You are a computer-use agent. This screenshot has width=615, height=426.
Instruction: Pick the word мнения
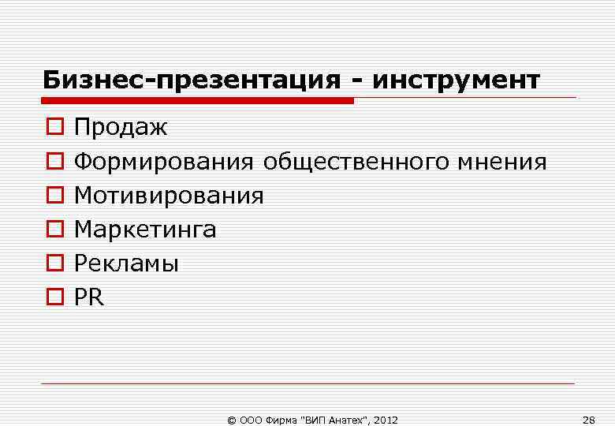501,162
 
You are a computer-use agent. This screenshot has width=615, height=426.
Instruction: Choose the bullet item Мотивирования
169,196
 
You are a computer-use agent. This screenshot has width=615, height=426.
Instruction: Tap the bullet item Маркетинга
145,230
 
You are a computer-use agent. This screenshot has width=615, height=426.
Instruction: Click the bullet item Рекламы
126,263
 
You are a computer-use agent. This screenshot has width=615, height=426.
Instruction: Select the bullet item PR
88,297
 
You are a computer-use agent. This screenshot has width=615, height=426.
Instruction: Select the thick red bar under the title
197,100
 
